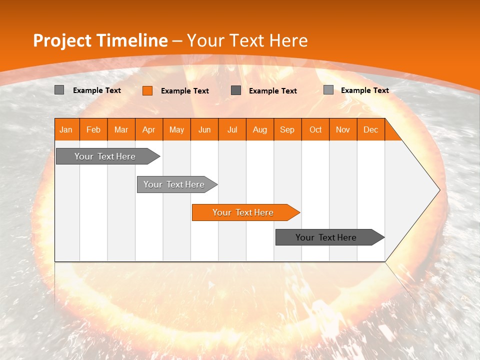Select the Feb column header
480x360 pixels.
[93, 129]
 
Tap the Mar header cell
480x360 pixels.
[121, 129]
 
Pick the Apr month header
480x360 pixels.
[149, 129]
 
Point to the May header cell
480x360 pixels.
[176, 129]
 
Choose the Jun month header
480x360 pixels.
[204, 129]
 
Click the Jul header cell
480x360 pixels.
[232, 129]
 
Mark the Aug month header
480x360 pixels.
[260, 129]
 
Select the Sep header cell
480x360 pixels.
[288, 129]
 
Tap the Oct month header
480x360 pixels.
[315, 129]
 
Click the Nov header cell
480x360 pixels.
[343, 129]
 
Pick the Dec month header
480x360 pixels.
[370, 129]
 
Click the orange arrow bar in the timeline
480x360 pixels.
[246, 212]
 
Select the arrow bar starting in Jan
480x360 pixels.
[108, 156]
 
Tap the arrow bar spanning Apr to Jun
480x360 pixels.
[177, 184]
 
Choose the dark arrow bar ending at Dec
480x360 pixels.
[330, 237]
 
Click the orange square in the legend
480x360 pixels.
[147, 90]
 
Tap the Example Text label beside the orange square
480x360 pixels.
[185, 91]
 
